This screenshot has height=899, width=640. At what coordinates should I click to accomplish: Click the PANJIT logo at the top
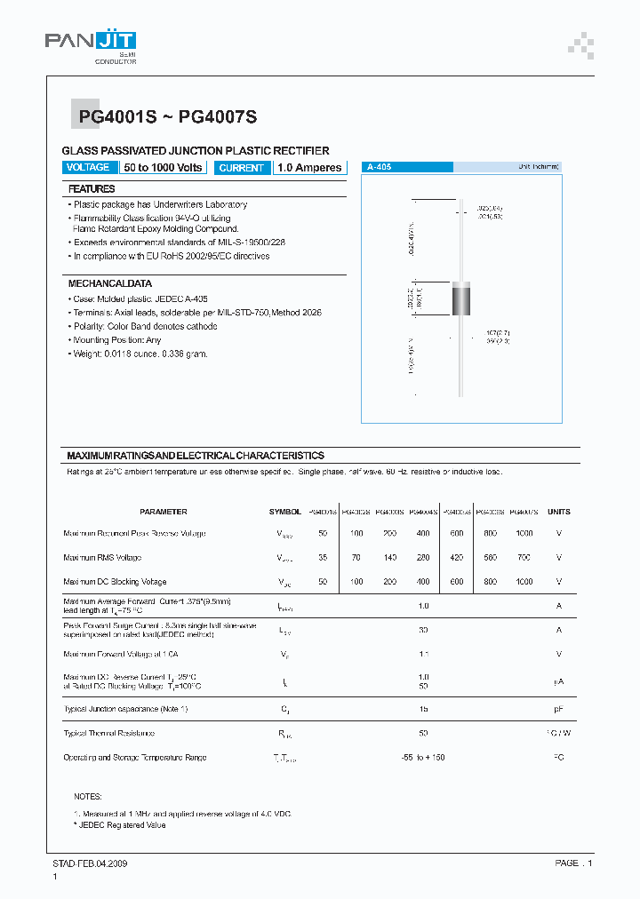pyautogui.click(x=90, y=44)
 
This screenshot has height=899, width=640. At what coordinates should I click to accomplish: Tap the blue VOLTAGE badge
pyautogui.click(x=88, y=167)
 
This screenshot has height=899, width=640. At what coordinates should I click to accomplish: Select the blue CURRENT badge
pyautogui.click(x=241, y=167)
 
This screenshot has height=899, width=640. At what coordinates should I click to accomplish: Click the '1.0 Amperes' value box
pyautogui.click(x=308, y=167)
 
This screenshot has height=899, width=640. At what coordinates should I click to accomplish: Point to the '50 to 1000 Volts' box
pyautogui.click(x=164, y=167)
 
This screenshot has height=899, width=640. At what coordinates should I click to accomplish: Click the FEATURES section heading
pyautogui.click(x=92, y=189)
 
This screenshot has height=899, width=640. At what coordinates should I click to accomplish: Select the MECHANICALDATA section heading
pyautogui.click(x=110, y=283)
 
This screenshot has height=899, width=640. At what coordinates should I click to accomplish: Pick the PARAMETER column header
pyautogui.click(x=164, y=512)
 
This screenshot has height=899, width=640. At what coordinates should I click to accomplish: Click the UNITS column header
pyautogui.click(x=558, y=512)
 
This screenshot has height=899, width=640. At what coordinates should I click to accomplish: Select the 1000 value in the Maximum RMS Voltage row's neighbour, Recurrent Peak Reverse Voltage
pyautogui.click(x=524, y=534)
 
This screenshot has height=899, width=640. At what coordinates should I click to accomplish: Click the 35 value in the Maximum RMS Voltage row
pyautogui.click(x=323, y=558)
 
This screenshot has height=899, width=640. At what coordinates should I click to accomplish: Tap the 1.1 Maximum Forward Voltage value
pyautogui.click(x=423, y=654)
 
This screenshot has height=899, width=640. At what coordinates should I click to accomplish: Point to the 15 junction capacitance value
pyautogui.click(x=423, y=710)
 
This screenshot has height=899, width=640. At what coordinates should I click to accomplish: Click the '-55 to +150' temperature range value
pyautogui.click(x=423, y=758)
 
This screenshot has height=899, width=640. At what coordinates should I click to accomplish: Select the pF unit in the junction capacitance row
pyautogui.click(x=558, y=710)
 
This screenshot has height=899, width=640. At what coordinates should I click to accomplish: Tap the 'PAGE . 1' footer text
pyautogui.click(x=573, y=863)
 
